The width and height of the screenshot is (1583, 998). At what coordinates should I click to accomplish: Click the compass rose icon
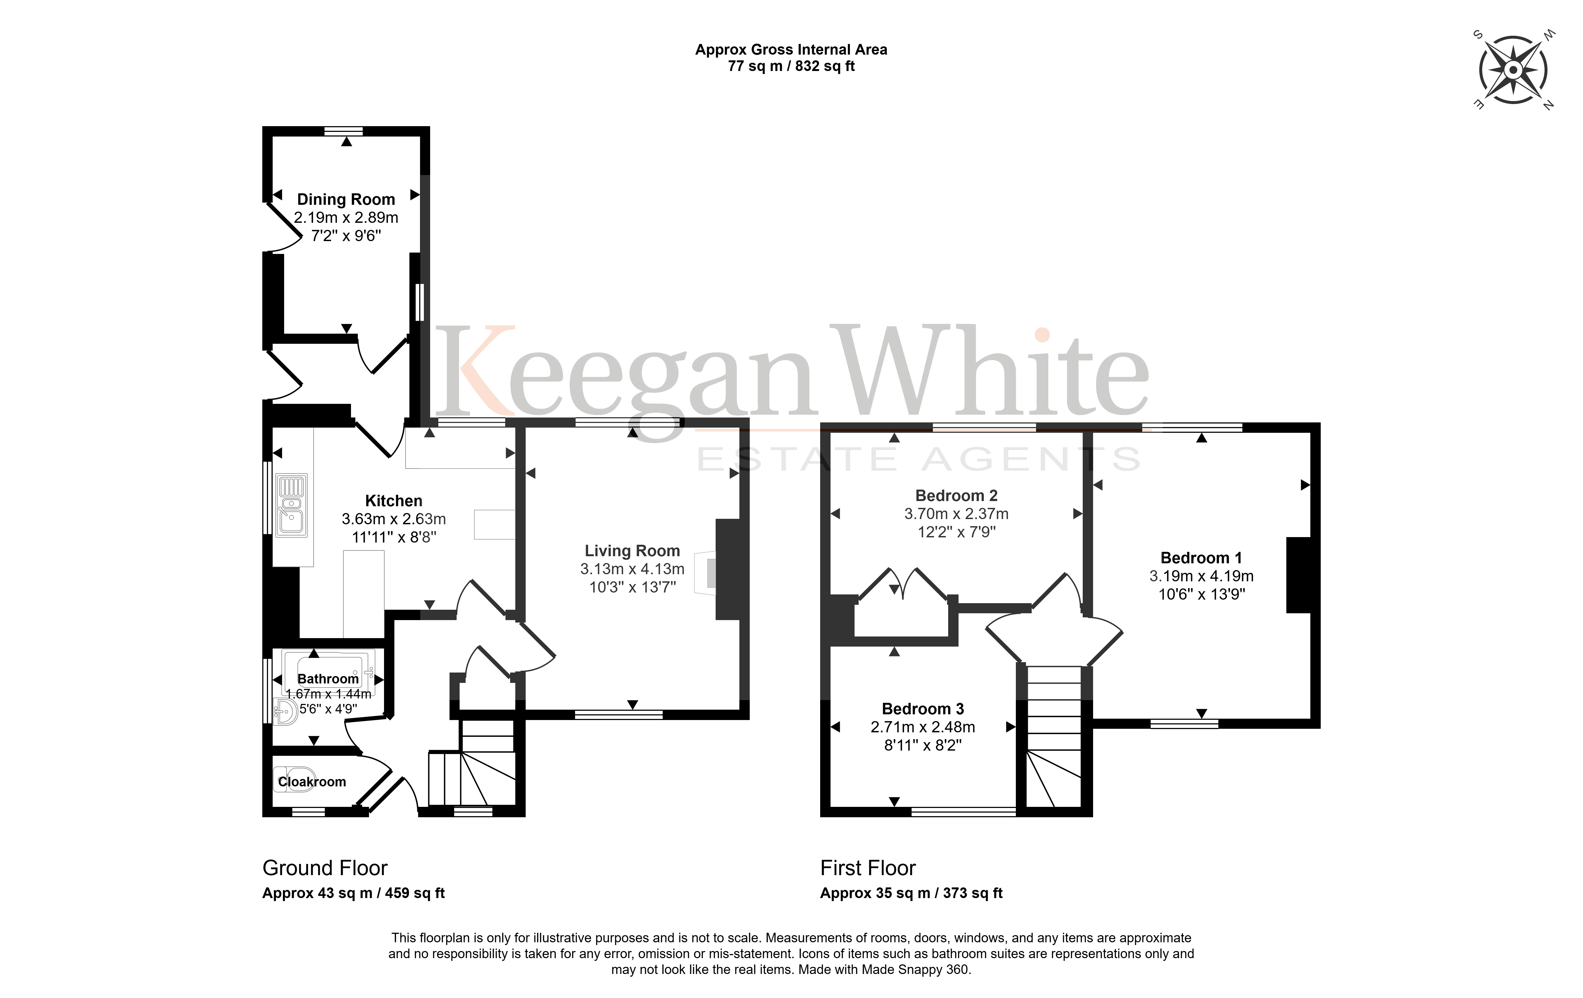pyautogui.click(x=1513, y=70)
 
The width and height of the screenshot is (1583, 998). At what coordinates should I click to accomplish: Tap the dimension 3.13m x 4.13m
pyautogui.click(x=632, y=569)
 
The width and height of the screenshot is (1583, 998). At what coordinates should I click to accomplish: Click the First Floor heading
pyautogui.click(x=868, y=868)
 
